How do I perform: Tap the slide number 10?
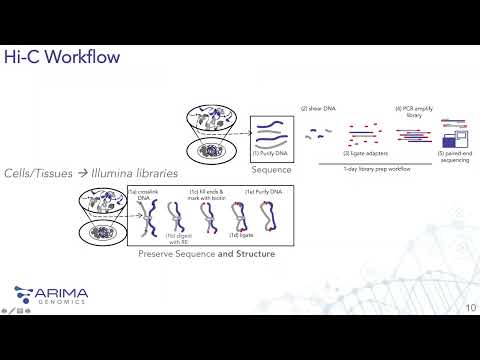(469, 306)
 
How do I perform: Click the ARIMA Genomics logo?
(51, 295)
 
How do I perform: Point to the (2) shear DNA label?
(317, 107)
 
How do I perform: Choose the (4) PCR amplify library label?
(412, 110)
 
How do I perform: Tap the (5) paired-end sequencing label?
(455, 155)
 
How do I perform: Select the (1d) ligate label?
(237, 236)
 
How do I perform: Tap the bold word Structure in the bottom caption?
(248, 254)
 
